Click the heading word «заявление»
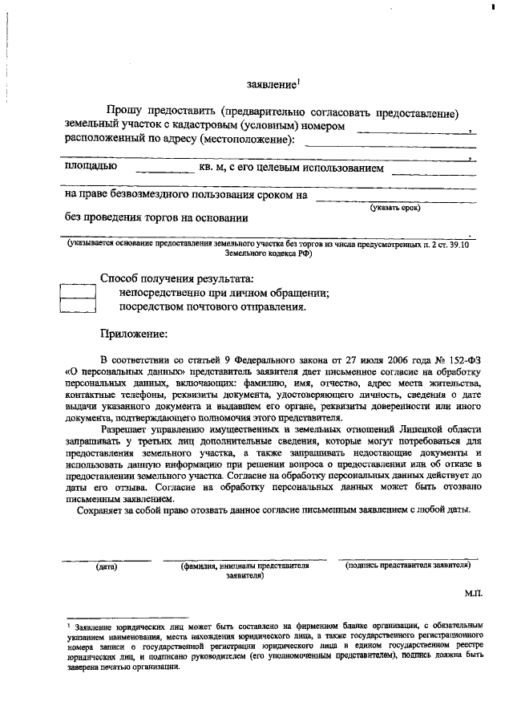(272, 84)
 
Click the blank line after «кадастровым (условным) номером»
(416, 131)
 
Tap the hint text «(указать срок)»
(395, 208)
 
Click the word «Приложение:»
(133, 333)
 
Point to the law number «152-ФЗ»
(462, 356)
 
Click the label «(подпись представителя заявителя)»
(407, 565)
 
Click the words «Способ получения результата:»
(176, 278)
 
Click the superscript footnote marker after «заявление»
(298, 80)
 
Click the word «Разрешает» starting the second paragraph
(131, 429)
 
